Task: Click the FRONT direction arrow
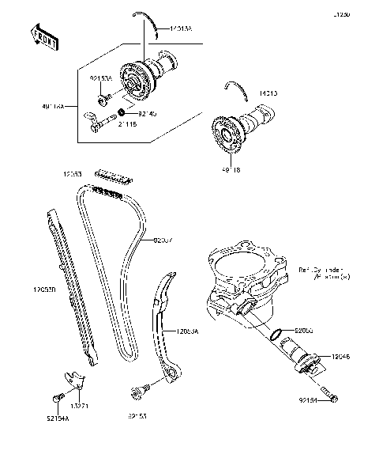pos(43,36)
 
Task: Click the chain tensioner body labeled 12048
pos(304,353)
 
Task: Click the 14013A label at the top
pos(179,28)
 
